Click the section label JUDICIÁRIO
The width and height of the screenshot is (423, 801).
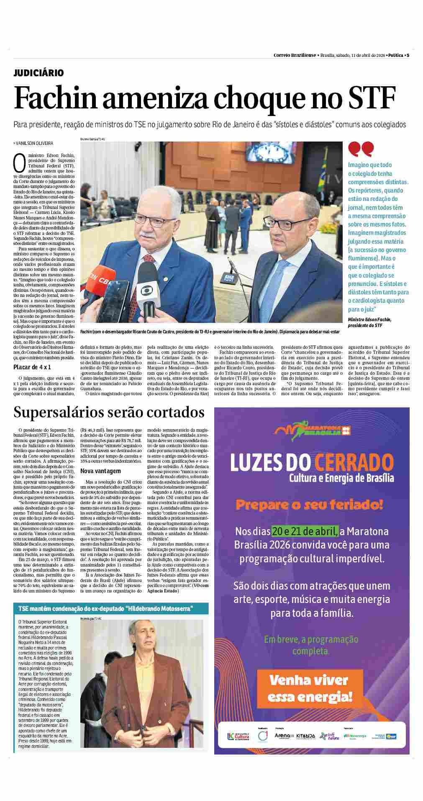pyautogui.click(x=38, y=73)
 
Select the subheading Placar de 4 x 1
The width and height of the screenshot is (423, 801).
pyautogui.click(x=32, y=367)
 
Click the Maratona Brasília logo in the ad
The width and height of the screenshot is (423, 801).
pyautogui.click(x=312, y=430)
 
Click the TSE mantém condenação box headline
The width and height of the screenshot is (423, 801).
pyautogui.click(x=103, y=608)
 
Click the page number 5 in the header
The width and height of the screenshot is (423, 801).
pyautogui.click(x=408, y=55)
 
